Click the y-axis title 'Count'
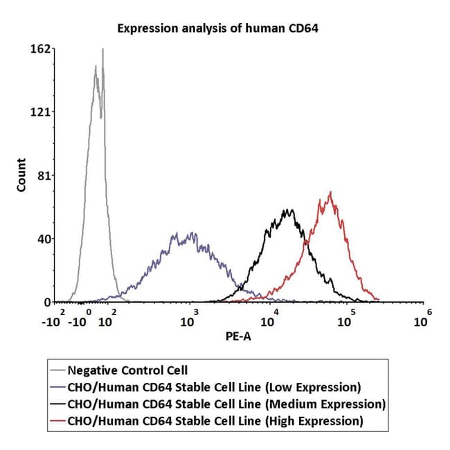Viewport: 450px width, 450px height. coord(21,175)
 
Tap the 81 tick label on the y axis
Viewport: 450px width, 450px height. coord(44,176)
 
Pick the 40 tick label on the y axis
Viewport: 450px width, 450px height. coord(44,239)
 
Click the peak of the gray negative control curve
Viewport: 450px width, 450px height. coord(102,49)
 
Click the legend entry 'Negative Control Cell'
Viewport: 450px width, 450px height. coord(127,370)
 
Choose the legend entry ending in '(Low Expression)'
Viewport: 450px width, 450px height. coord(214,387)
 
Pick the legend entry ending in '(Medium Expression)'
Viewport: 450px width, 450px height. coord(226,404)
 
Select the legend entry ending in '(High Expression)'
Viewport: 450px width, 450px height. coord(215,420)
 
